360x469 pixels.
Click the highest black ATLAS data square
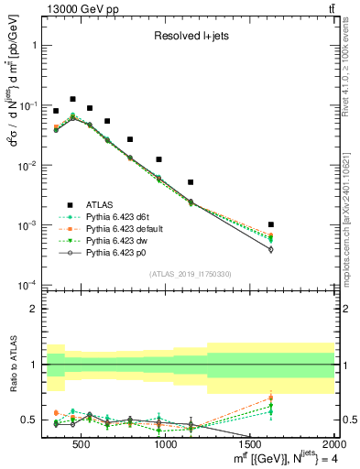tap(72, 99)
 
